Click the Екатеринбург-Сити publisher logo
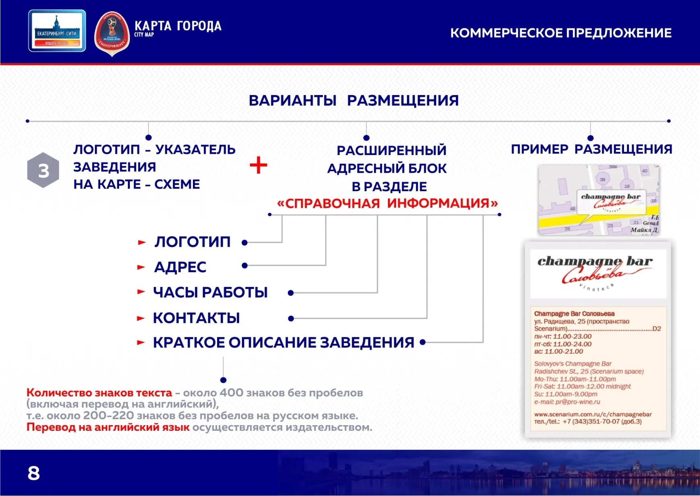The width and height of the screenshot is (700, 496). [57, 31]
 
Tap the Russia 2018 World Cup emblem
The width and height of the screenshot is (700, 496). [112, 33]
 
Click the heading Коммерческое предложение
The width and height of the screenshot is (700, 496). [560, 33]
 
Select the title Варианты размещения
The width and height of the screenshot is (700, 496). [353, 100]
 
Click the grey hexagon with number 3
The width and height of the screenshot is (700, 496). [43, 170]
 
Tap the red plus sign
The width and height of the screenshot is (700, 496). [259, 165]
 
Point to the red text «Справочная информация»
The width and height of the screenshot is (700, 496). [387, 203]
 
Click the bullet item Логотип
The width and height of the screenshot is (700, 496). [192, 242]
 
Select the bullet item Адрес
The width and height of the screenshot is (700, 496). [180, 267]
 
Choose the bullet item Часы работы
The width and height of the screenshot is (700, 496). [210, 292]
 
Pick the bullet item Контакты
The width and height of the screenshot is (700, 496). [196, 318]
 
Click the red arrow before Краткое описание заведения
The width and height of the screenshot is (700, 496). [141, 343]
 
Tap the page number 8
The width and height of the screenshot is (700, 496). [34, 473]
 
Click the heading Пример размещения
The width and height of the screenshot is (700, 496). [591, 149]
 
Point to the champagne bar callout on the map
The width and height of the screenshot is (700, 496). [611, 201]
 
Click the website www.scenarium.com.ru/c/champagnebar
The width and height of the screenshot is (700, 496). [593, 414]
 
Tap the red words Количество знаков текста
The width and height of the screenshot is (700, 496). [99, 393]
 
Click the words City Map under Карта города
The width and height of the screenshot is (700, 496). [144, 35]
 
